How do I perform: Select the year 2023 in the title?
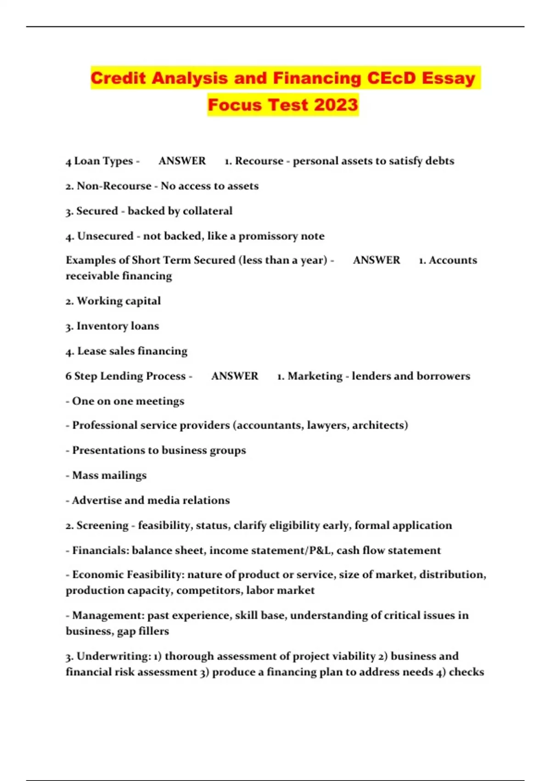click(336, 105)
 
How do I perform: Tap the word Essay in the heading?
click(449, 78)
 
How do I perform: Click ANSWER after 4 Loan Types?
click(182, 161)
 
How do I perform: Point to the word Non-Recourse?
click(114, 186)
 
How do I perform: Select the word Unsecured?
click(105, 236)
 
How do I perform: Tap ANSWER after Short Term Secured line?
click(377, 260)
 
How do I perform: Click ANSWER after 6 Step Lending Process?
click(235, 376)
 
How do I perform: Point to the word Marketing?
click(315, 376)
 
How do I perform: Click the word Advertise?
click(96, 500)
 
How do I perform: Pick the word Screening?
click(102, 526)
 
